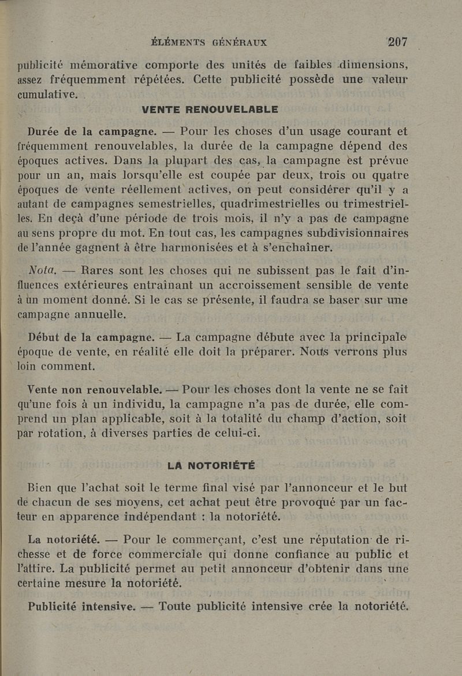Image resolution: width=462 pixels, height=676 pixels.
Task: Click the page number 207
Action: (x=398, y=42)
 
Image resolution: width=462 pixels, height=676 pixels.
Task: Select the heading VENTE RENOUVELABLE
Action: (x=210, y=109)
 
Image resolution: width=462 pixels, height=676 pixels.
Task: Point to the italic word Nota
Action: (x=43, y=270)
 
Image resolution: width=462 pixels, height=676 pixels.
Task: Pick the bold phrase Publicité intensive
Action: (x=81, y=607)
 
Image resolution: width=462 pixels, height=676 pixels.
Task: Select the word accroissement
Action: (x=247, y=285)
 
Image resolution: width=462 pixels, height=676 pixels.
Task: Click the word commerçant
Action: (x=217, y=541)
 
